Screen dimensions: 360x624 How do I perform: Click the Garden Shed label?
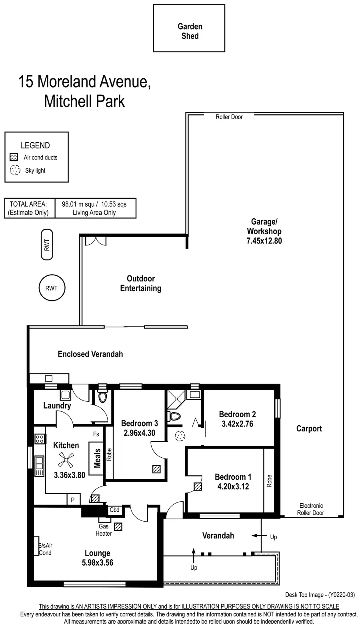coord(190,31)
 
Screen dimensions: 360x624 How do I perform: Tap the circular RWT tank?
coord(51,288)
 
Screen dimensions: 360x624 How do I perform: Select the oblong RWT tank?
coord(47,245)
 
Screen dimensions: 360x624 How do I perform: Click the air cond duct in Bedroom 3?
coord(156,469)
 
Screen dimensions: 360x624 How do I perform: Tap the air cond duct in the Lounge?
coord(118,526)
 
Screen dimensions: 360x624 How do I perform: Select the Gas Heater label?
coord(104,530)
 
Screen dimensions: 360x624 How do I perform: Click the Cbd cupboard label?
coord(114,510)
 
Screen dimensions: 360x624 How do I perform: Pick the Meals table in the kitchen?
coord(96,459)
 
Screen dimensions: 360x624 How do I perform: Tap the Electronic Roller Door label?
coord(311,509)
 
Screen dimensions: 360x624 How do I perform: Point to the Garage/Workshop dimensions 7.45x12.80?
coord(264,241)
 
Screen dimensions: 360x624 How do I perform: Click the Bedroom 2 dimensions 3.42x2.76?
coord(237,424)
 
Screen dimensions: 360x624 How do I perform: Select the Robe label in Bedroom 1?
coord(269,481)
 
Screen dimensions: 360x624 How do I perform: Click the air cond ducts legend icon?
coord(14,157)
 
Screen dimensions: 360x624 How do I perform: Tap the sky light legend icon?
coord(15,170)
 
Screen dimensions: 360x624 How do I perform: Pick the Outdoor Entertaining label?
coord(141,283)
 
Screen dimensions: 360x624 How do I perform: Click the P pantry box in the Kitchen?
coord(73,500)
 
